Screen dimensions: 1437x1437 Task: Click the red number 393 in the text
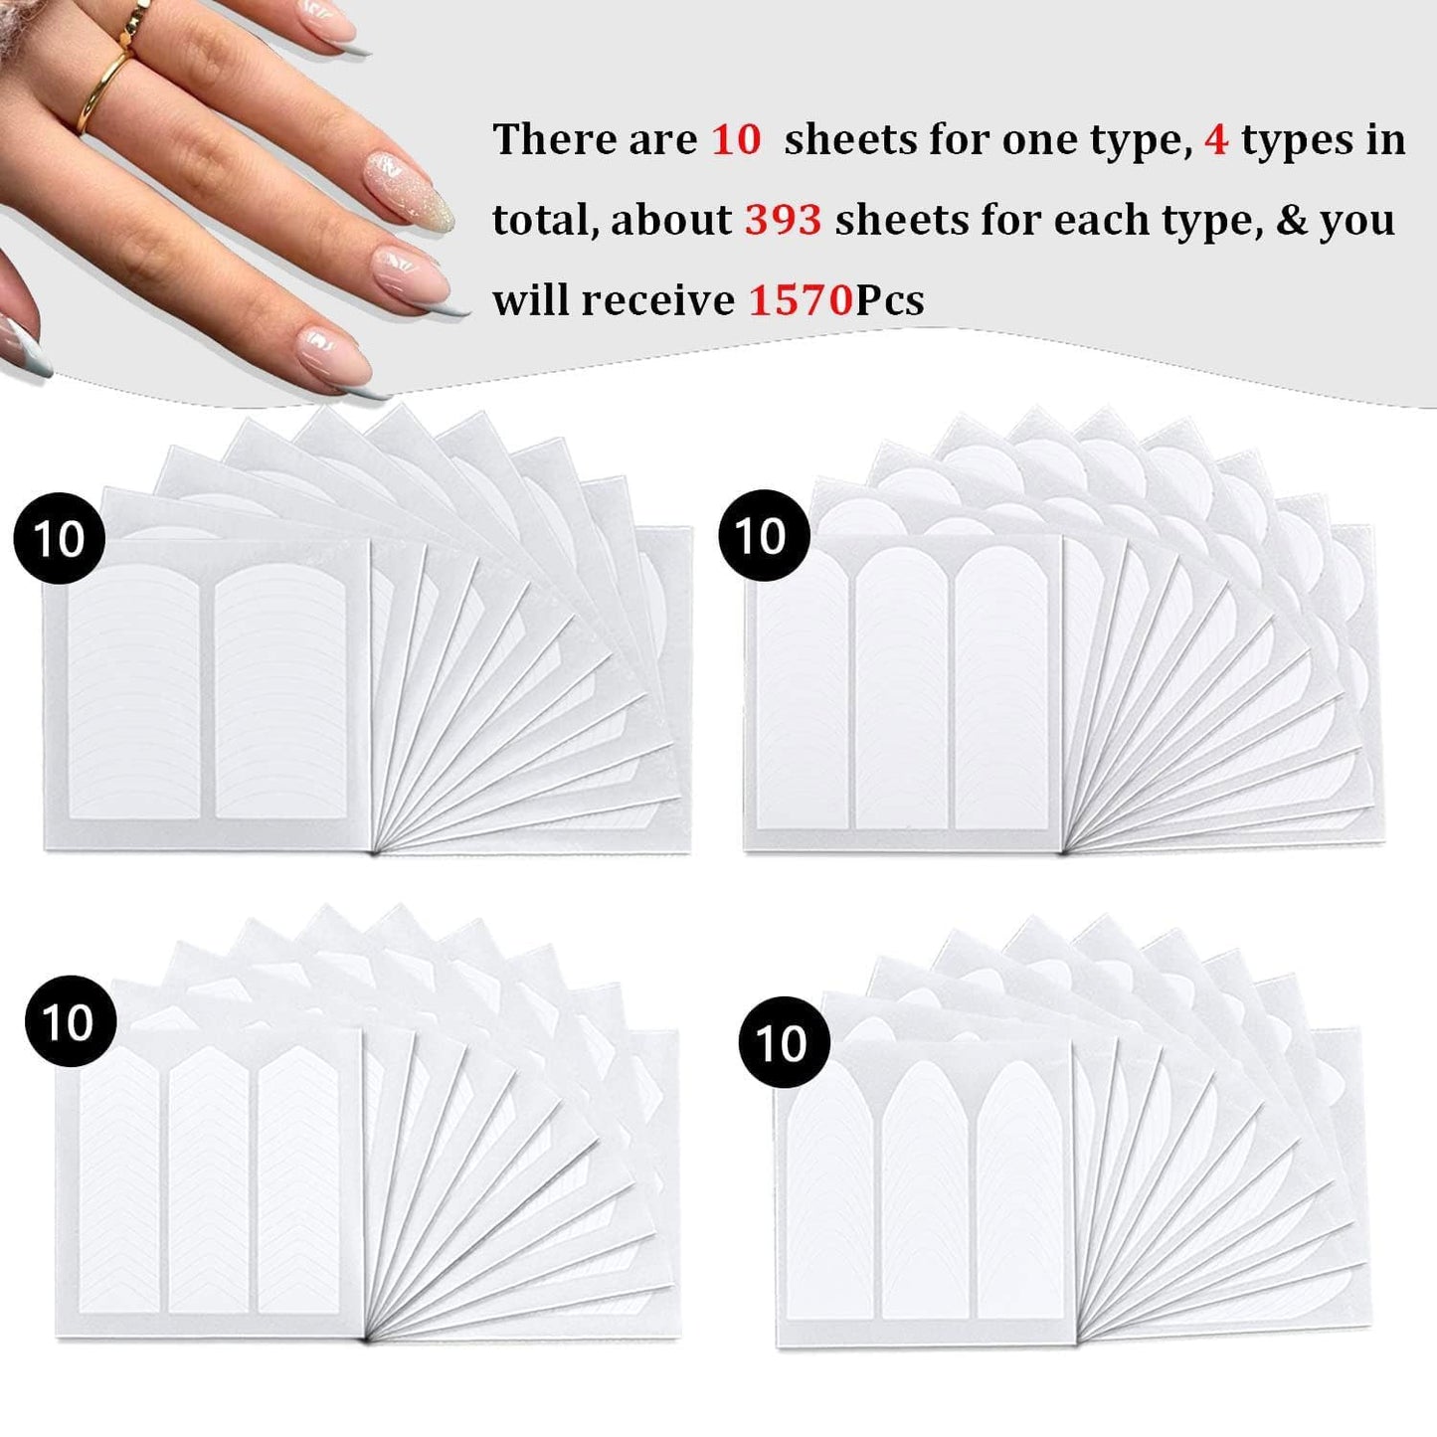783,219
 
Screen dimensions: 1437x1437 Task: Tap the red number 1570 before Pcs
801,299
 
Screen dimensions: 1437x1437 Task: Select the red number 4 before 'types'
1215,139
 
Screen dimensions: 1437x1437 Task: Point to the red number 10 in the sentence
736,139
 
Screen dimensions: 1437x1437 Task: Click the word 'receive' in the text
657,299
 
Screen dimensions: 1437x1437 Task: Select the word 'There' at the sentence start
544,139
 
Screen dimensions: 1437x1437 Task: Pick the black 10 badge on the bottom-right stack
784,1042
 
